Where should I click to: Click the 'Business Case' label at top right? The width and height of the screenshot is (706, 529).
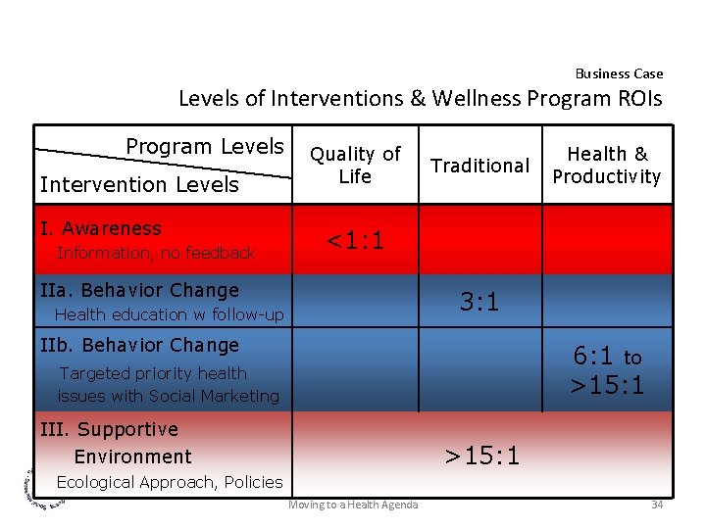[x=619, y=73]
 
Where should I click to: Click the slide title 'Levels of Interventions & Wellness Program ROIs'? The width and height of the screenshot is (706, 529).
[x=420, y=99]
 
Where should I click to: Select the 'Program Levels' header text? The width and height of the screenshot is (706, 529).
[x=204, y=147]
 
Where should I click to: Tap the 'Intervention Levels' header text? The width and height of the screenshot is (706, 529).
[x=139, y=185]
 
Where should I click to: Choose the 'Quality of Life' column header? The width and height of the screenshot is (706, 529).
[x=355, y=165]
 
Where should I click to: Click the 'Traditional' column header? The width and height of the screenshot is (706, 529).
[x=480, y=166]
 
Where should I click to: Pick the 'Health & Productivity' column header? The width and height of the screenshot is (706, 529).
[x=607, y=165]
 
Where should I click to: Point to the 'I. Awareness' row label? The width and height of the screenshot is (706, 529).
[x=101, y=228]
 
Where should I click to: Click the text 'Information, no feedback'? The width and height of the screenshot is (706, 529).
[x=156, y=253]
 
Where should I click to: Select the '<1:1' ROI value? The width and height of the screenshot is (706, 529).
[x=355, y=240]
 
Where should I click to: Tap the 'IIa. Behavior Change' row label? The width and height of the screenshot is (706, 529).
[x=140, y=290]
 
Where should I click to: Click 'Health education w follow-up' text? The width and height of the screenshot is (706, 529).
[x=170, y=314]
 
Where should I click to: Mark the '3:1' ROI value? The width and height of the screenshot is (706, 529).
[x=480, y=302]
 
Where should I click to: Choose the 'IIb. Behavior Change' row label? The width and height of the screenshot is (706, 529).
[x=140, y=345]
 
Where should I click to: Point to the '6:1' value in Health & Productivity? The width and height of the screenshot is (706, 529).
[x=593, y=357]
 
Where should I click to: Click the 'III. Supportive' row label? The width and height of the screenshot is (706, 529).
[x=109, y=429]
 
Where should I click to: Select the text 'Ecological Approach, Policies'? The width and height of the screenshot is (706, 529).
[x=170, y=481]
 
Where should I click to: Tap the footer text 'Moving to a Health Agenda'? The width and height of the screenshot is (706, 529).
[x=353, y=505]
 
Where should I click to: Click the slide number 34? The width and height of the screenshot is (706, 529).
[x=657, y=505]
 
